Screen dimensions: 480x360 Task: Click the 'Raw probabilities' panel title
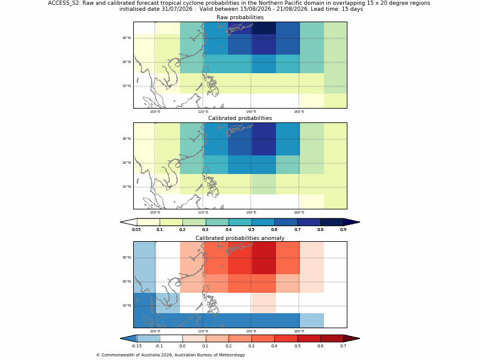tap(240, 17)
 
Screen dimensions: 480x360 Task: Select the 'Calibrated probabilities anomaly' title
tap(240, 238)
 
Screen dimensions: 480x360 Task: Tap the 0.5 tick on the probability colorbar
tap(251, 230)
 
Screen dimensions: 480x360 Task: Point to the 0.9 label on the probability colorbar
tap(343, 230)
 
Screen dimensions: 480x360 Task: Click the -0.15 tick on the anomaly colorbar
tap(137, 346)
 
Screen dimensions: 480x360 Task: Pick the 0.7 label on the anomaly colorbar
tap(343, 346)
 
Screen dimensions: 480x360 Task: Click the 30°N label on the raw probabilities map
tap(127, 38)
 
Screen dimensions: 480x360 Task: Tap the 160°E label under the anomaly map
tap(299, 331)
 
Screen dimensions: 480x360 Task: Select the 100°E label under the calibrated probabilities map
tap(155, 212)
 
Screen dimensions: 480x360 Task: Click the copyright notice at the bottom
tap(170, 355)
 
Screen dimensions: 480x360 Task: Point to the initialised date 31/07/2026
tap(177, 9)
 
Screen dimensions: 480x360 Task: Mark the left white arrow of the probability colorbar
tap(128, 222)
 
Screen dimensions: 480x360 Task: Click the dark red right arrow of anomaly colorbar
tap(352, 338)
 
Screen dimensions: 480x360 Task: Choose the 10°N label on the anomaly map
tap(127, 305)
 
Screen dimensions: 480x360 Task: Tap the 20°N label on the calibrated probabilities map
tap(127, 163)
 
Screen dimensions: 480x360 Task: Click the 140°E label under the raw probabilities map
tap(251, 112)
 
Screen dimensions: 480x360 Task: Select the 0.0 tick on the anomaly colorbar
tap(182, 346)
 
